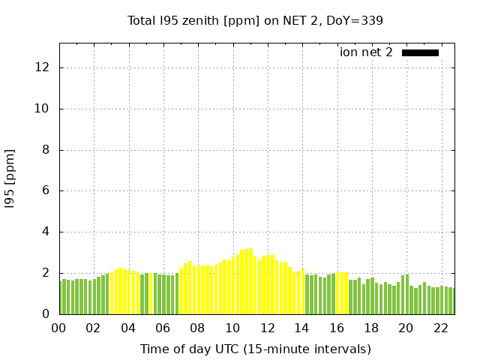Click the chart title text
tap(255, 20)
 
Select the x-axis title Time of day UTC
tap(255, 349)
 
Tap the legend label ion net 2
tap(366, 52)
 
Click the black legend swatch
tap(420, 52)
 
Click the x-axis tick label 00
tap(59, 328)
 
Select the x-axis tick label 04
tap(128, 328)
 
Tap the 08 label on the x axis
tap(198, 328)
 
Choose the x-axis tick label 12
tap(267, 328)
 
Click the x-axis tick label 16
tap(336, 328)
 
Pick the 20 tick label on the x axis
tap(406, 328)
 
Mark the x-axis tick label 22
tap(440, 328)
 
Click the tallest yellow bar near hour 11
tap(250, 281)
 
